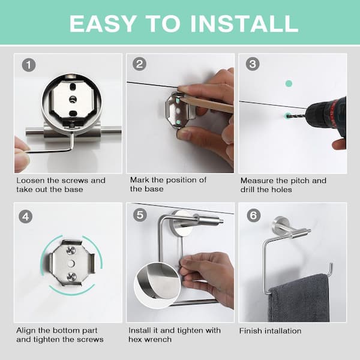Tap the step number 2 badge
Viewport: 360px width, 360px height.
tap(139, 65)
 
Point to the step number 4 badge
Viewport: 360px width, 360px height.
tap(25, 216)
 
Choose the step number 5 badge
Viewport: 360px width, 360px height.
tap(139, 216)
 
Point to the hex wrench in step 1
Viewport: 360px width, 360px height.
tap(51, 147)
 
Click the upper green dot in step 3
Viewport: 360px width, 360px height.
tap(289, 84)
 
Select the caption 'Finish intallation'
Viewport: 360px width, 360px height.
tap(270, 331)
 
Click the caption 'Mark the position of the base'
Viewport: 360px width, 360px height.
tap(168, 184)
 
